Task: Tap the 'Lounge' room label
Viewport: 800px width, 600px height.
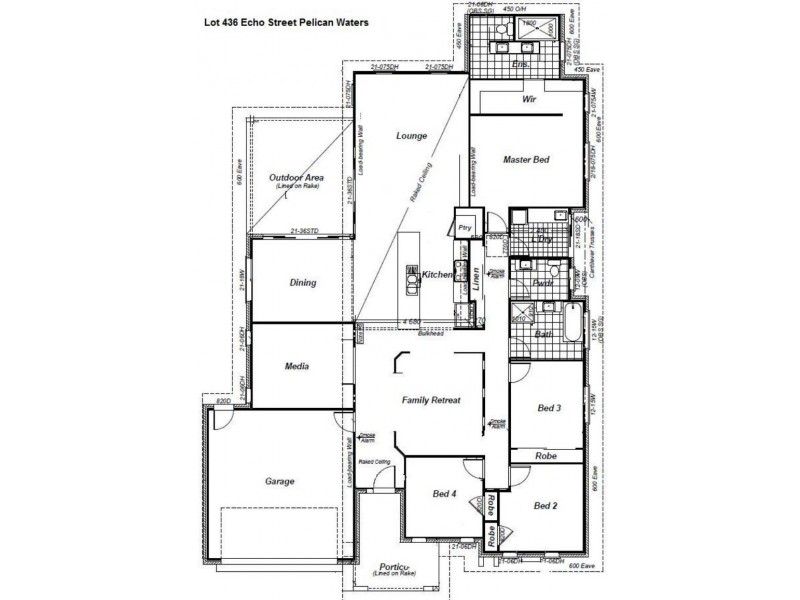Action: pos(412,136)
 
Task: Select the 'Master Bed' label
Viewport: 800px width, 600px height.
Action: pos(525,159)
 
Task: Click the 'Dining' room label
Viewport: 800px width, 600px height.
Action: pos(303,283)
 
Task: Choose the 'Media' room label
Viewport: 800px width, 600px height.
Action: pos(297,367)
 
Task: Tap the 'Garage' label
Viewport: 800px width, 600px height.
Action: pos(279,482)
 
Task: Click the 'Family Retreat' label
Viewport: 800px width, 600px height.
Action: pos(431,400)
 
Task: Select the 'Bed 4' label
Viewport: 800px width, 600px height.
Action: pos(445,494)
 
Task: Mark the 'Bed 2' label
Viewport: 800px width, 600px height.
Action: pos(544,506)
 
